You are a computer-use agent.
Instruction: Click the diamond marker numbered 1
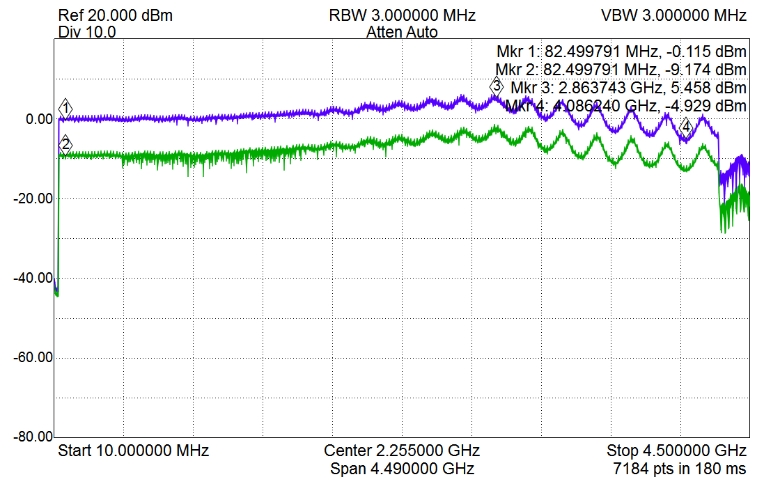click(x=66, y=108)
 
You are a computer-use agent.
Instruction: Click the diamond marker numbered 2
click(x=66, y=145)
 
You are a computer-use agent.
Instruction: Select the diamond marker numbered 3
click(x=496, y=87)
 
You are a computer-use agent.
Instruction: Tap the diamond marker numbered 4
click(x=686, y=127)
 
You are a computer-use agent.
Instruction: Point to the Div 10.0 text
click(x=87, y=32)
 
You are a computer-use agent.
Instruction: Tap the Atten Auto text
click(x=402, y=32)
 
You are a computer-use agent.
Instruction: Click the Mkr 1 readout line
click(x=621, y=52)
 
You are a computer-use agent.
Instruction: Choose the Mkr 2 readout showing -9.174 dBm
click(x=621, y=70)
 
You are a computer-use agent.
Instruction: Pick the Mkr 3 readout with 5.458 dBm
click(x=628, y=88)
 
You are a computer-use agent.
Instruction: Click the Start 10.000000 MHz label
click(x=133, y=450)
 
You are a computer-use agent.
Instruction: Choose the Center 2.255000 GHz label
click(x=402, y=450)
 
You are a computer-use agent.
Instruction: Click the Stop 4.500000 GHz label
click(x=676, y=450)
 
